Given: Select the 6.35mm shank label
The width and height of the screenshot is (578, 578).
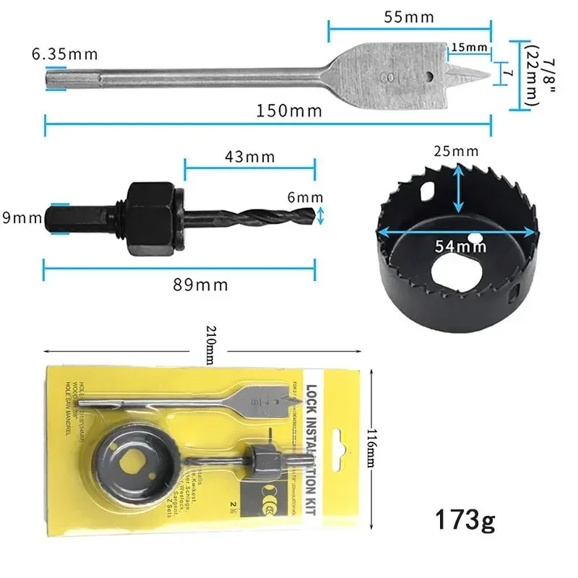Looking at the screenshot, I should click(x=64, y=54).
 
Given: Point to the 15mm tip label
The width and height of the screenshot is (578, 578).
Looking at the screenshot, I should click(x=468, y=48).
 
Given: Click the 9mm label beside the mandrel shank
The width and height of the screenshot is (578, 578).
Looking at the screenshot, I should click(x=21, y=217).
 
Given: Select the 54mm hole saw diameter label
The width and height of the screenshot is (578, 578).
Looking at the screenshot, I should click(x=460, y=246).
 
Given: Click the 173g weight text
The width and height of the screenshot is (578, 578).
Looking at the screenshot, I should click(x=465, y=520).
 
